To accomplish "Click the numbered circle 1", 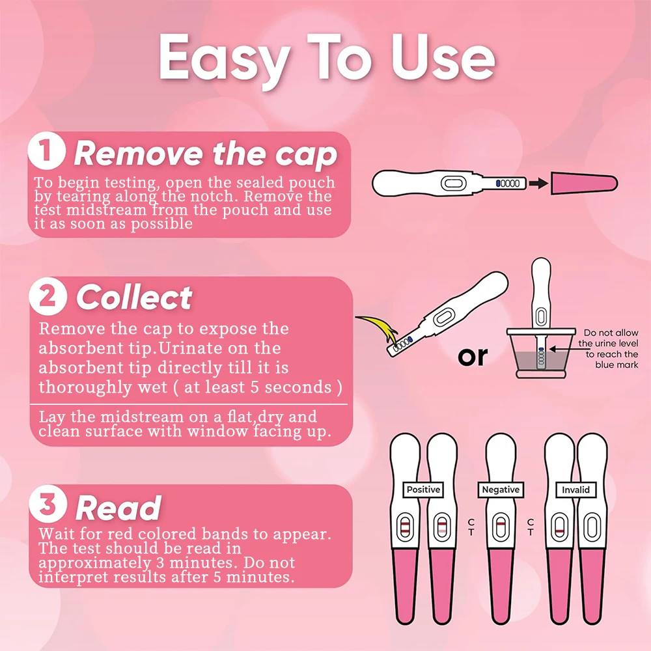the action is (x=46, y=150).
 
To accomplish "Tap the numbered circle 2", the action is (x=48, y=296).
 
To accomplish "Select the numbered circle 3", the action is (x=48, y=504).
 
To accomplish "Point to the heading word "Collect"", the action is (x=134, y=298).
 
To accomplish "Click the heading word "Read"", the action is (x=118, y=508).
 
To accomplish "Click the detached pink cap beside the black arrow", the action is (x=584, y=183).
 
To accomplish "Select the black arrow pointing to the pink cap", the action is (x=538, y=183).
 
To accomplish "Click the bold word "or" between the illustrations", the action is (x=473, y=357).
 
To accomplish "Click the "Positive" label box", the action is (x=423, y=490).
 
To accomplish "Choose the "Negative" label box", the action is (x=501, y=490).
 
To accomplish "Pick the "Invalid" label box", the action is (x=576, y=490).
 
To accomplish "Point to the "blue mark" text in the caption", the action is (x=616, y=365).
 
